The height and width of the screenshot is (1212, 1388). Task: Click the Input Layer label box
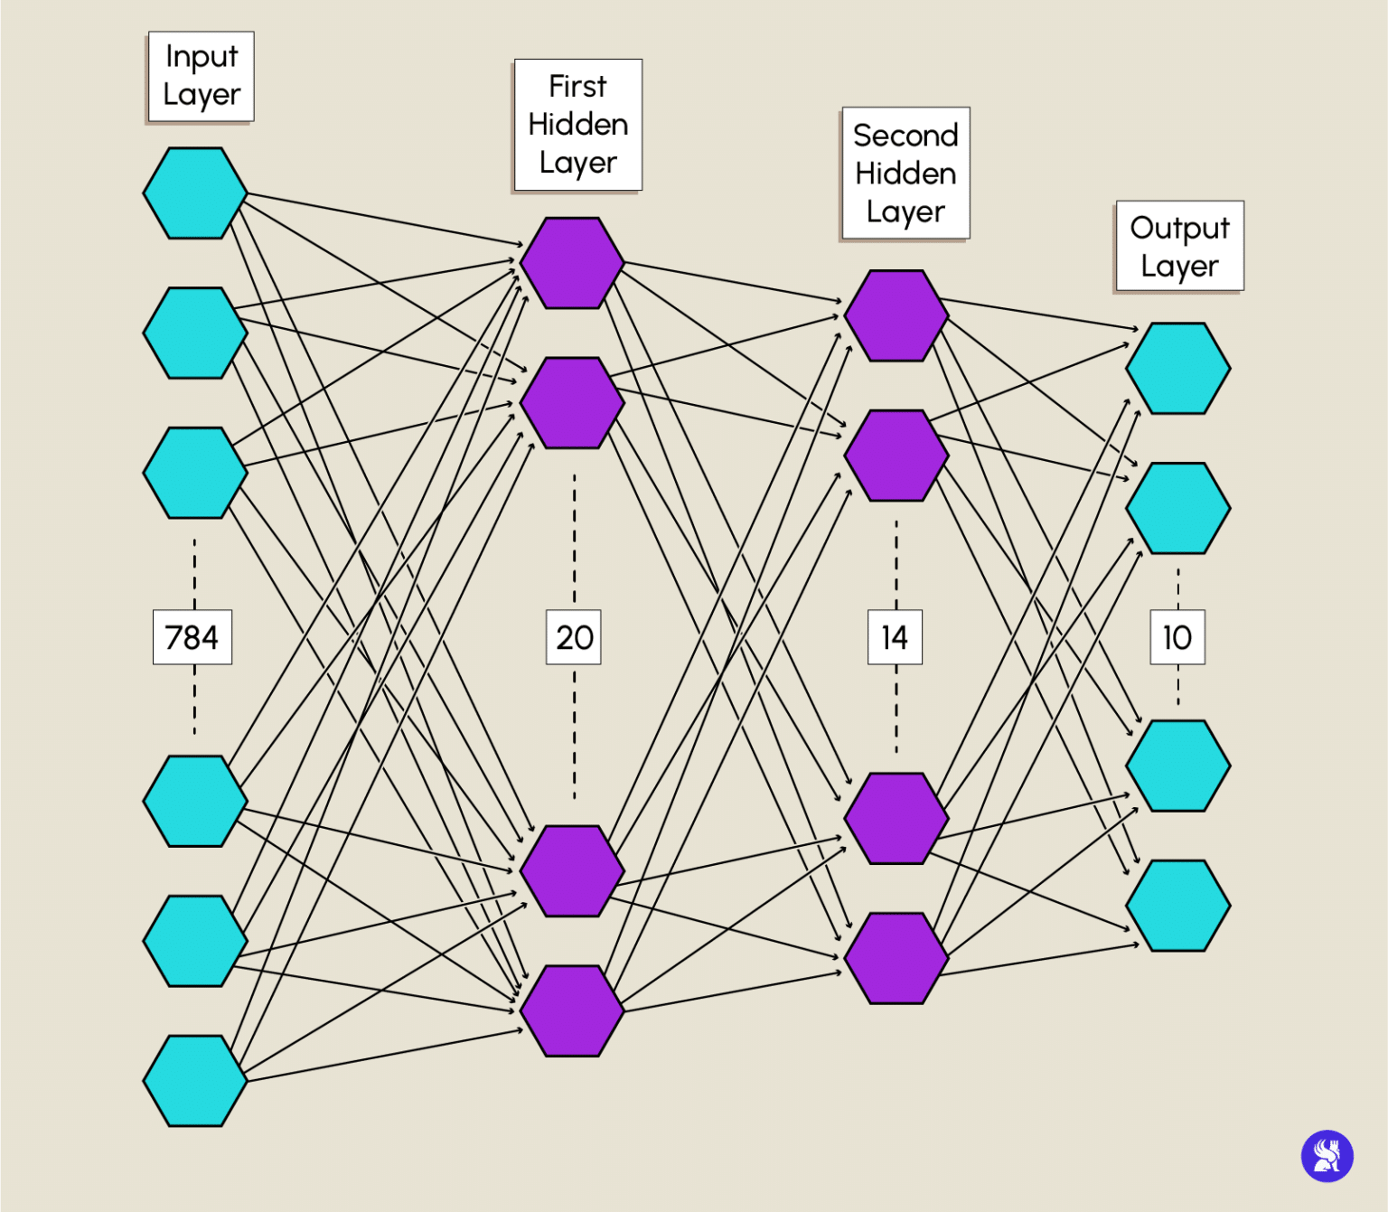201,76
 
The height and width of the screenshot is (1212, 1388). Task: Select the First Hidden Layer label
578,125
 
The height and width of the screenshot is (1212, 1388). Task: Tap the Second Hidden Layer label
905,173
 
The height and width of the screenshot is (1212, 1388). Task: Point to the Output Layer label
1179,246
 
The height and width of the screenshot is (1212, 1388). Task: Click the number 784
192,637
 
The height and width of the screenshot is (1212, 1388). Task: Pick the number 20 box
574,637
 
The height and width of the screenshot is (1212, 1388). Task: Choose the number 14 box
895,637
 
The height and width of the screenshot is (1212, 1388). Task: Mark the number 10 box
1177,637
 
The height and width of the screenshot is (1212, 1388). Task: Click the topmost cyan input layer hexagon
195,193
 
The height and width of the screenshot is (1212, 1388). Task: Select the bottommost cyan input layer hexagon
195,1081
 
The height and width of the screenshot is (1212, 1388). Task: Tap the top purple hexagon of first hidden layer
572,263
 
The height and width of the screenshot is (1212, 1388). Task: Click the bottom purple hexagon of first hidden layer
572,1010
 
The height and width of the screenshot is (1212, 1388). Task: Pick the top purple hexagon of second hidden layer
896,315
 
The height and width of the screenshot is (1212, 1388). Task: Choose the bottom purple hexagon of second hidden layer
896,958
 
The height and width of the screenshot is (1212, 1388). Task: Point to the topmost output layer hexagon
1178,369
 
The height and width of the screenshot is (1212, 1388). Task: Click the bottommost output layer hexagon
1178,906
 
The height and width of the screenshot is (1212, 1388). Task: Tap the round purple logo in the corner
1327,1156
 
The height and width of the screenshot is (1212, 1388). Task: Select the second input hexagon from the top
195,333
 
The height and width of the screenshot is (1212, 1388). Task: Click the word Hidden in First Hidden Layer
578,125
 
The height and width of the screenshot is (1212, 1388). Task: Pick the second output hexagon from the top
1178,508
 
